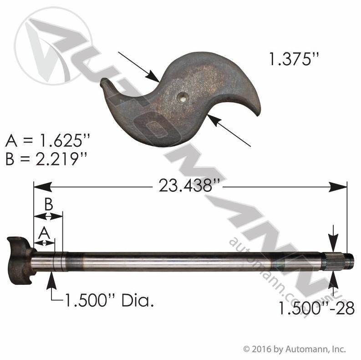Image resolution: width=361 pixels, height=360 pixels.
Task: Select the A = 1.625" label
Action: [x=47, y=140]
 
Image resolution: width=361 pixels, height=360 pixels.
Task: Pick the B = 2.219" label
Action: [x=46, y=159]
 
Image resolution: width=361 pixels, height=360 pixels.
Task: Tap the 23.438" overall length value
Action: [x=188, y=186]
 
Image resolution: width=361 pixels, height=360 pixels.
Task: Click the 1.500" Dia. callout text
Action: [x=109, y=300]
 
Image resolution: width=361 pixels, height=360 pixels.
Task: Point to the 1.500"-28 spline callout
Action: [x=317, y=308]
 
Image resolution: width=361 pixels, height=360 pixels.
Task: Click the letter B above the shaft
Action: [x=49, y=204]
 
